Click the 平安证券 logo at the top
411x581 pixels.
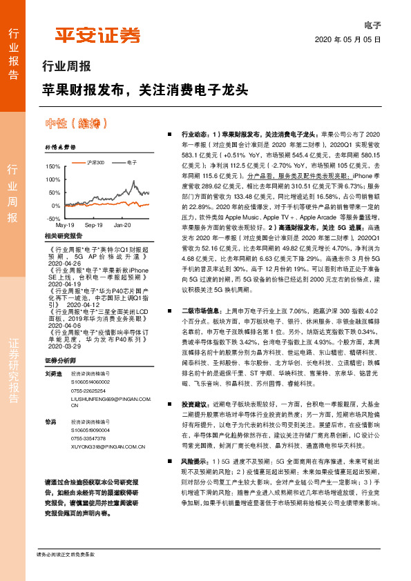coord(97,36)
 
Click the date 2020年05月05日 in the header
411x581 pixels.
coord(348,40)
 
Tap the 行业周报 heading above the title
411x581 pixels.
coord(66,67)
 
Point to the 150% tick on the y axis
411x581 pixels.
coord(52,167)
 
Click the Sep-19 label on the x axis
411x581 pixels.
coord(93,226)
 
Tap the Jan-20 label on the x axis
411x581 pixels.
coord(122,226)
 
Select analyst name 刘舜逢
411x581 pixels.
coord(52,373)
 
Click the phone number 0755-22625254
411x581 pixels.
coord(91,389)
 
